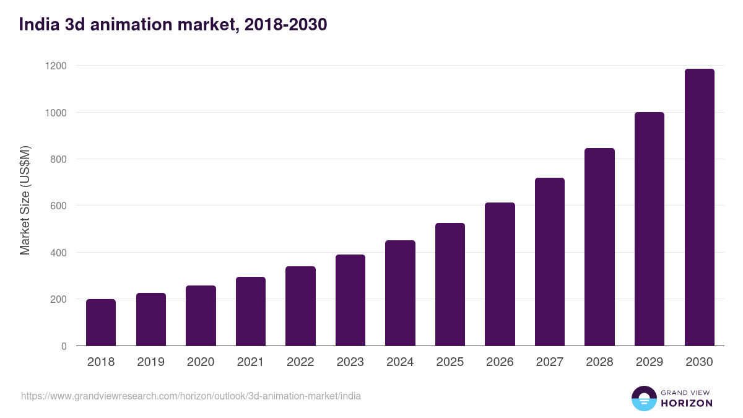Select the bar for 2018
point(101,323)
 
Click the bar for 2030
point(699,207)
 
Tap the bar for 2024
point(400,293)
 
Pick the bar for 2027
point(550,262)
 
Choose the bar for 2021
point(251,311)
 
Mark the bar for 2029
point(650,229)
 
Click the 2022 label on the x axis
point(300,362)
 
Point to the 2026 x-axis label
point(500,362)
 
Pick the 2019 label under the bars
point(150,362)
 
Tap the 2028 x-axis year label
point(599,362)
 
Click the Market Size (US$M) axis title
point(25,199)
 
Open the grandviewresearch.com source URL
point(191,396)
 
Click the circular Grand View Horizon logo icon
point(644,398)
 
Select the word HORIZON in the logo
point(687,403)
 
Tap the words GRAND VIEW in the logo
point(687,392)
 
